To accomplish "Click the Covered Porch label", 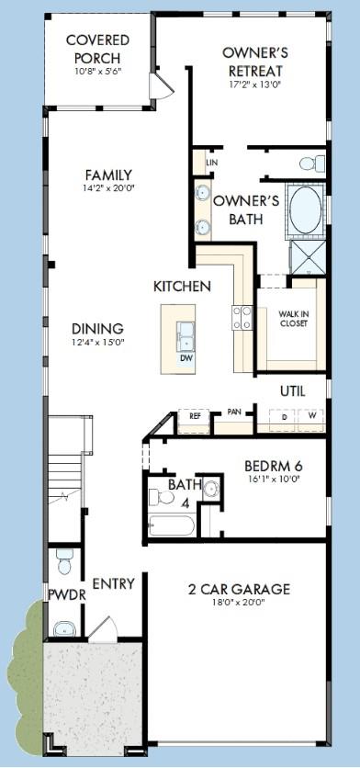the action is pyautogui.click(x=97, y=48).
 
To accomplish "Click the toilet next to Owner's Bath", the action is pyautogui.click(x=312, y=164).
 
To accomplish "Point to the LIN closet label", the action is pyautogui.click(x=211, y=162).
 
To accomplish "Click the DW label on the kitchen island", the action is pyautogui.click(x=186, y=358).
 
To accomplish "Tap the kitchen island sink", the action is pyautogui.click(x=186, y=336).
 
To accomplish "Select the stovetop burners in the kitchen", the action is pyautogui.click(x=242, y=317).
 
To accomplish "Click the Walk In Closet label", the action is pyautogui.click(x=293, y=319).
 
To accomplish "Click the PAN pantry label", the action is pyautogui.click(x=234, y=412).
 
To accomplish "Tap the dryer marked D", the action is pyautogui.click(x=284, y=420).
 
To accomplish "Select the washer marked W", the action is pyautogui.click(x=311, y=420).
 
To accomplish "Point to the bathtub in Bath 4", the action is pyautogui.click(x=172, y=526).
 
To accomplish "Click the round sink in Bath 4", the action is pyautogui.click(x=211, y=489).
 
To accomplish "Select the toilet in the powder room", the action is pyautogui.click(x=64, y=561).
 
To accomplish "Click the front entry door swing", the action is pyautogui.click(x=104, y=629).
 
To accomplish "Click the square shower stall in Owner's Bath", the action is pyautogui.click(x=308, y=256).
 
